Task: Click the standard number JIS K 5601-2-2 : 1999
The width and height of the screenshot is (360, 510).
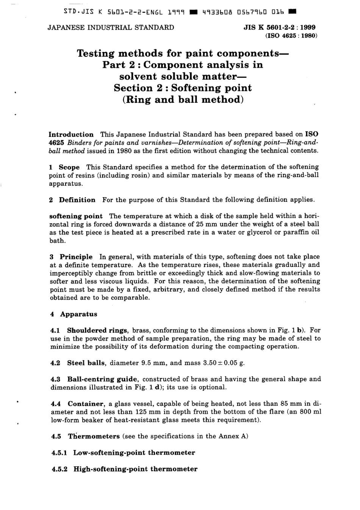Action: [280, 27]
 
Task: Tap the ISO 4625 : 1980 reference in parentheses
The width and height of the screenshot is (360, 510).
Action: [288, 36]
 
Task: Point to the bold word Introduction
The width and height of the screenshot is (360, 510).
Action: [71, 134]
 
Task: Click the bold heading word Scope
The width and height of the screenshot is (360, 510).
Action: [69, 167]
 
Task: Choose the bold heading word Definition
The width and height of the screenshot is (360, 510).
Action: [77, 200]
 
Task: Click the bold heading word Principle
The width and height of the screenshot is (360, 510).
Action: [76, 257]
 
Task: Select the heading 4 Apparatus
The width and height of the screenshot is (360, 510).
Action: [74, 314]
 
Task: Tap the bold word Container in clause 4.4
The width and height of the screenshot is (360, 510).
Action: [86, 404]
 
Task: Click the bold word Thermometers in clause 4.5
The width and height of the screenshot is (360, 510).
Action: [94, 436]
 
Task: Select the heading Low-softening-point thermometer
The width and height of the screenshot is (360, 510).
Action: [134, 453]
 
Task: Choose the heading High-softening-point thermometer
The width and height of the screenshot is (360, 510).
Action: [135, 469]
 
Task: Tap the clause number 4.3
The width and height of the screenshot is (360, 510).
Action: [55, 379]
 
